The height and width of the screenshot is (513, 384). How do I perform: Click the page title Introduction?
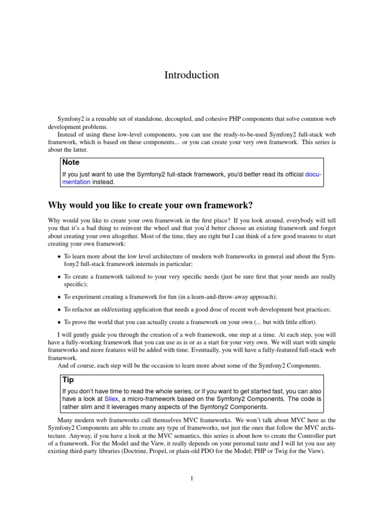tap(191, 75)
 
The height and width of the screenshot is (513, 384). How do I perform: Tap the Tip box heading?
tap(68, 380)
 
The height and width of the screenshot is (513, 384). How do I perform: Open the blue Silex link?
tap(112, 398)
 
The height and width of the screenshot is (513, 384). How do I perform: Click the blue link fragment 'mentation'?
tap(76, 182)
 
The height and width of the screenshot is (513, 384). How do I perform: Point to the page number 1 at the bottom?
tap(191, 478)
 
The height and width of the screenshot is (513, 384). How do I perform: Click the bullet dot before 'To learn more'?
tap(59, 257)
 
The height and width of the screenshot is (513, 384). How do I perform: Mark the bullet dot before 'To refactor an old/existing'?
tap(59, 310)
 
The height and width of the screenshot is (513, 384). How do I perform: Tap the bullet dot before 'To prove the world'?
tap(59, 323)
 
